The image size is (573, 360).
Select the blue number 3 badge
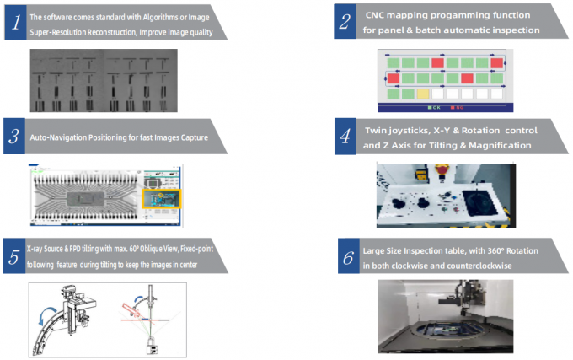click(x=15, y=137)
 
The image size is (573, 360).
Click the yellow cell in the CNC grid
click(x=424, y=94)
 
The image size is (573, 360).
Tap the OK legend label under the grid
click(x=436, y=108)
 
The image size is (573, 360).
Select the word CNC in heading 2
click(x=378, y=16)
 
